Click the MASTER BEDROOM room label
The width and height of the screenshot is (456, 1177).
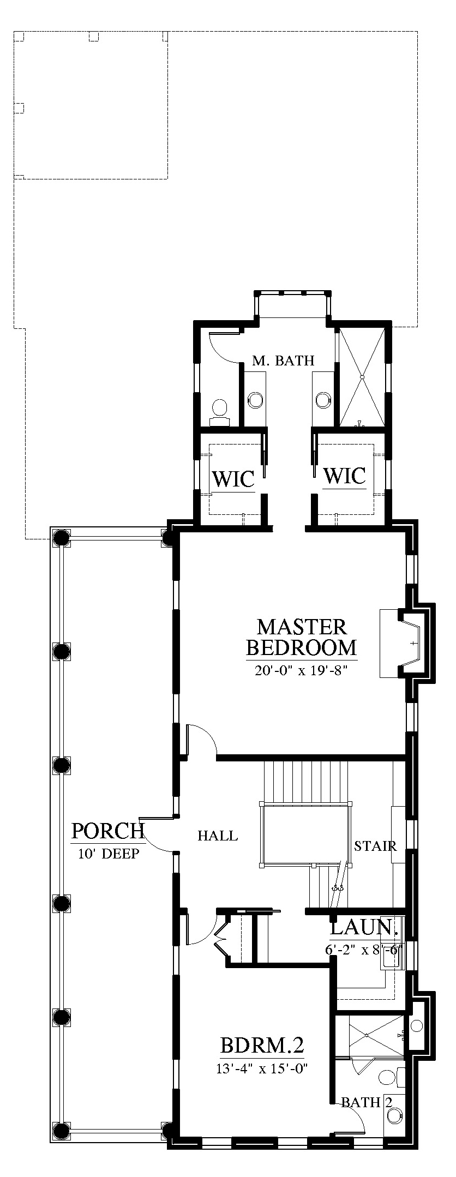click(x=302, y=637)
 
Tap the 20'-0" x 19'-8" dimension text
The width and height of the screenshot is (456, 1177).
click(x=301, y=670)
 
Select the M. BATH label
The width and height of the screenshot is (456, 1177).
click(x=283, y=361)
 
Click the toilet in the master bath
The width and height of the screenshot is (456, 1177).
click(x=220, y=410)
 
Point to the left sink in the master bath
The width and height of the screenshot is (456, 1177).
click(x=255, y=399)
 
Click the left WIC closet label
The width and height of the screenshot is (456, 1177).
click(x=233, y=479)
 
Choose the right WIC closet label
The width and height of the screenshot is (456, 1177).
click(x=344, y=476)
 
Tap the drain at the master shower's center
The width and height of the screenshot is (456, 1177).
click(x=362, y=377)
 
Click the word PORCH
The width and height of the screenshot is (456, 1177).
click(x=108, y=831)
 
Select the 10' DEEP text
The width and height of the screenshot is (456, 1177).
click(x=109, y=854)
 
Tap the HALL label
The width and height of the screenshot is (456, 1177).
click(x=218, y=836)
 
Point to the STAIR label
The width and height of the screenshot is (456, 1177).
click(x=375, y=846)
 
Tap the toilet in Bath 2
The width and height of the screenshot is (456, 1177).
click(x=390, y=1078)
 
